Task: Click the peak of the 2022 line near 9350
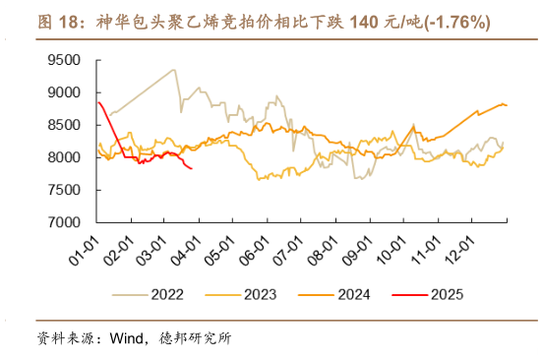[174, 70]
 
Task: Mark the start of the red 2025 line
[98, 102]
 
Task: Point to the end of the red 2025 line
[191, 168]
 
